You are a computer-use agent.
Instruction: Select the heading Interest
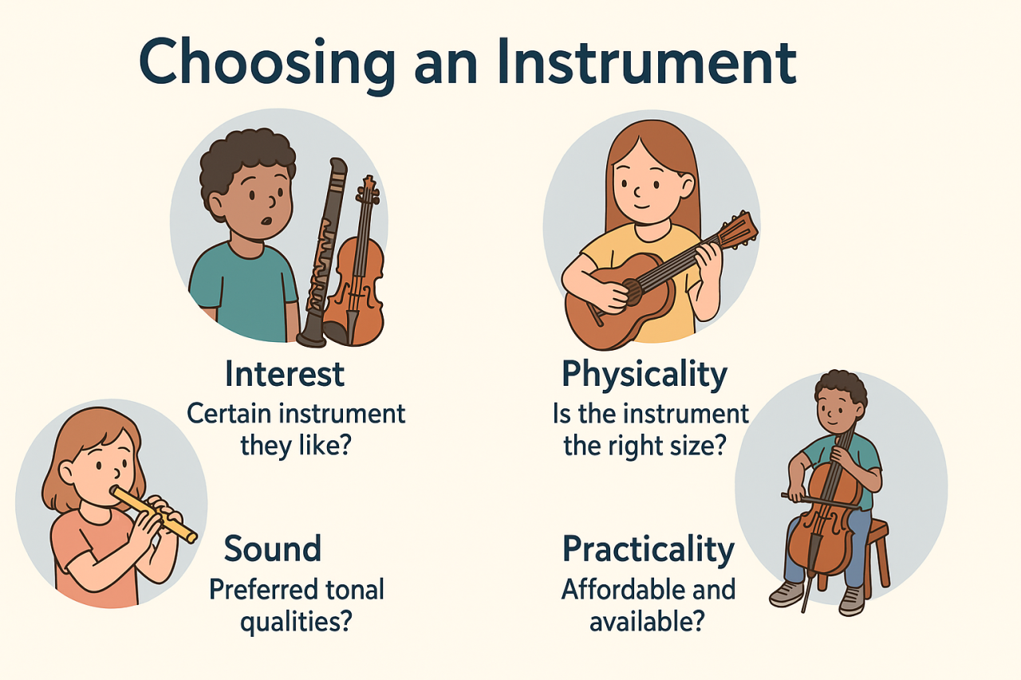click(x=285, y=373)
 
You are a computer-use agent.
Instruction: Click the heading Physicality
click(x=645, y=374)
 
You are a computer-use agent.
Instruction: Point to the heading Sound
click(x=272, y=548)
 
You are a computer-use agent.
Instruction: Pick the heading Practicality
click(x=648, y=549)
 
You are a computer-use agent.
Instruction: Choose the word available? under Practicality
click(x=647, y=621)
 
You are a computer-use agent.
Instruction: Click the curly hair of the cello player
click(x=841, y=386)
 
